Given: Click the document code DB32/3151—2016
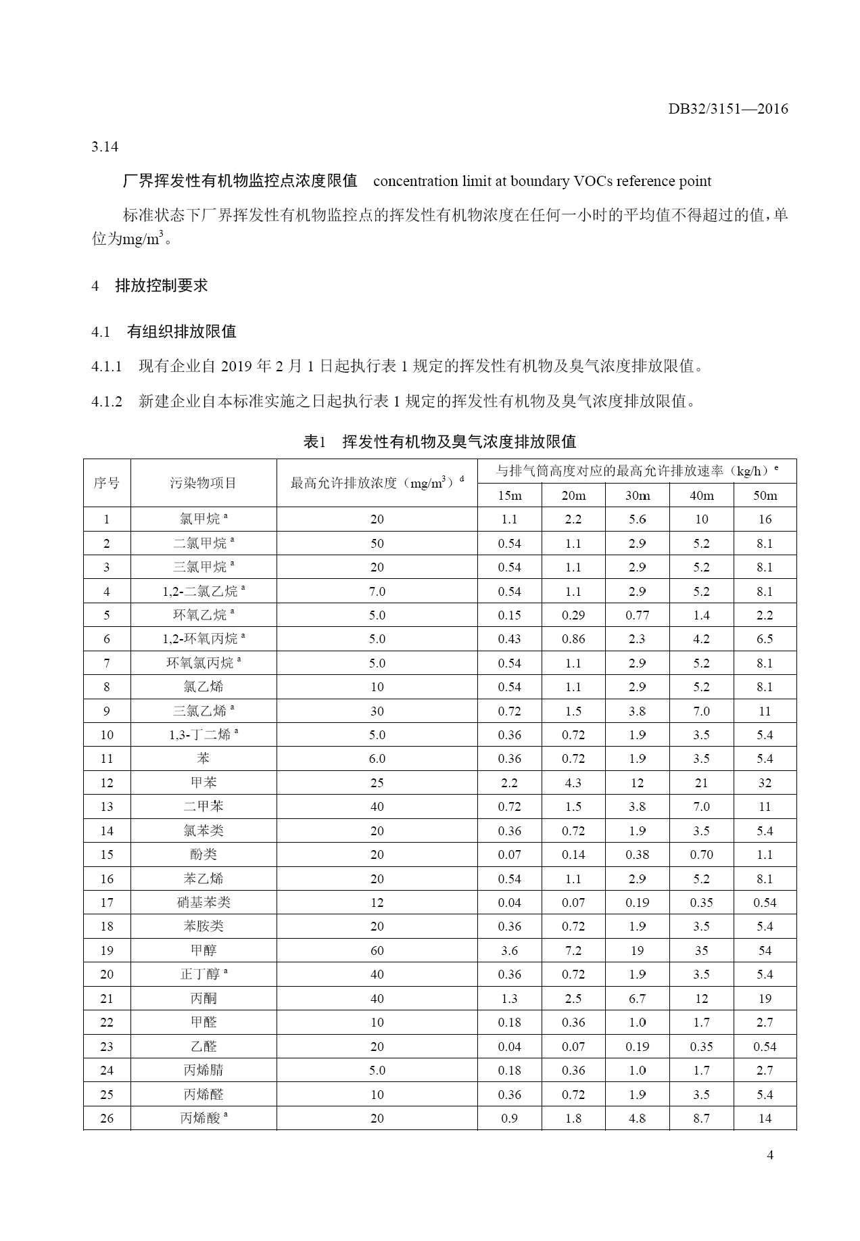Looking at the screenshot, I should click(728, 109).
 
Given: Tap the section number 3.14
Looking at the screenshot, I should click(105, 147).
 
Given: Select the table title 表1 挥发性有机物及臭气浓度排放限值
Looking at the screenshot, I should click(439, 442).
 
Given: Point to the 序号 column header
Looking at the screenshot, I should click(107, 483).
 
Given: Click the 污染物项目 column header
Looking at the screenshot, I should click(204, 483).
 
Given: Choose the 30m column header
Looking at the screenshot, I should click(637, 496).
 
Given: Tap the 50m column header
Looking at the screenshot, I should click(765, 496).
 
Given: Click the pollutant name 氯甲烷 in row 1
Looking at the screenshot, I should click(200, 519).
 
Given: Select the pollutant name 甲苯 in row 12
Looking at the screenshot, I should click(204, 782).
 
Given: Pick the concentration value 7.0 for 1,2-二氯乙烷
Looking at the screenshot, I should click(377, 591).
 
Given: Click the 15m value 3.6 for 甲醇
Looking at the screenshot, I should click(509, 950).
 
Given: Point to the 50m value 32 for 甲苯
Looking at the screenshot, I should click(765, 782).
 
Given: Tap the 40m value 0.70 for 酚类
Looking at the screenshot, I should click(701, 854).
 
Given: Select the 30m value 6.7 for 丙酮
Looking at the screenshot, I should click(637, 998).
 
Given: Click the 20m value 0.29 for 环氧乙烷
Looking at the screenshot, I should click(573, 615).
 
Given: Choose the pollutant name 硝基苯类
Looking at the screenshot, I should click(204, 902).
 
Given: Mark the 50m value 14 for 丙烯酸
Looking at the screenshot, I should click(765, 1118).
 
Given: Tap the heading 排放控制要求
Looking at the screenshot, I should click(162, 285).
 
